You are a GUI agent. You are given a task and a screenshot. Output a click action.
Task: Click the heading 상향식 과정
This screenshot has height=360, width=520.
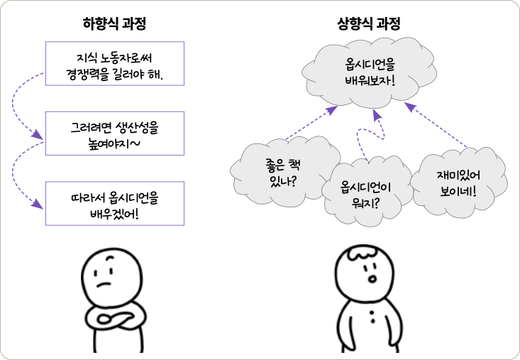(x=368, y=23)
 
